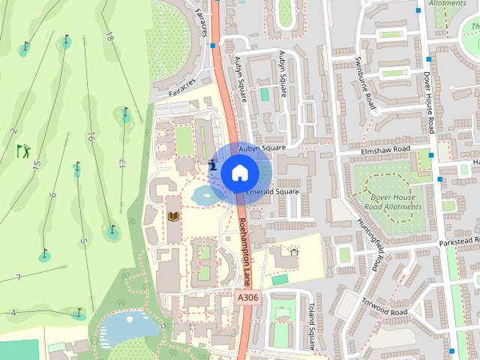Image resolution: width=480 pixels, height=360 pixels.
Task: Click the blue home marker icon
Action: point(238,172)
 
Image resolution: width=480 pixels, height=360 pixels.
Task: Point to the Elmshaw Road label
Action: point(385,150)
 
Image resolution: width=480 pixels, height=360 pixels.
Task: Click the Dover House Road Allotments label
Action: point(391,202)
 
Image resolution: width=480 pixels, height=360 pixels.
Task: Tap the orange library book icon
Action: point(174,217)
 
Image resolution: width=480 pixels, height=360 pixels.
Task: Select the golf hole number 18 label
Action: point(109,35)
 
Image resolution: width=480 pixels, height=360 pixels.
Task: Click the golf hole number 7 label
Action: point(17,278)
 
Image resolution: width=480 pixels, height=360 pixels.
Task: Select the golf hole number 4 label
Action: point(13,312)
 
